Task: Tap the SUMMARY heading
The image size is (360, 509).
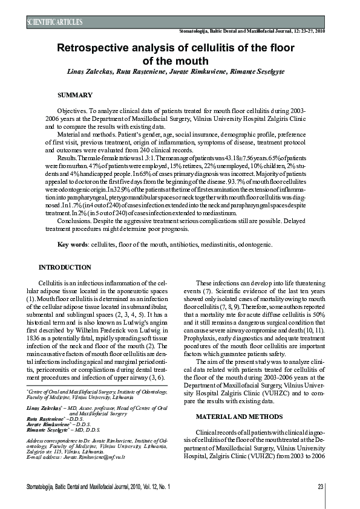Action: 75,95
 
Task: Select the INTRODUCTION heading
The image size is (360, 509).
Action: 65,267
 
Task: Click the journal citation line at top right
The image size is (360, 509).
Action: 252,30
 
